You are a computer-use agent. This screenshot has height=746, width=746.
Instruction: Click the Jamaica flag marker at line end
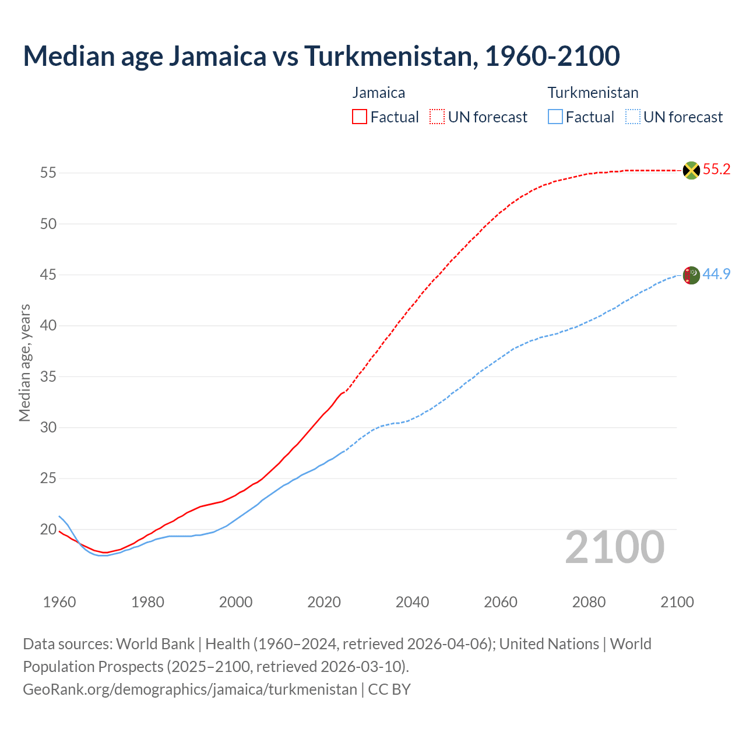691,170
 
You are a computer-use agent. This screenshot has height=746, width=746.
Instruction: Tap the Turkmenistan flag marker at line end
691,275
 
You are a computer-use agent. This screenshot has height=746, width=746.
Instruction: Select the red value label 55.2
716,170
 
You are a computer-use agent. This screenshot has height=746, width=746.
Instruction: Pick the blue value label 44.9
716,274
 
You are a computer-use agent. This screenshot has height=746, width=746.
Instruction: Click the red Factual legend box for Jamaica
360,117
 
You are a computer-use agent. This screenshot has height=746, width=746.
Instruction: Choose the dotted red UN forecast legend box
437,117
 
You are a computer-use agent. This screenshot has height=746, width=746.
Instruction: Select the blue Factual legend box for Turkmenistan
555,117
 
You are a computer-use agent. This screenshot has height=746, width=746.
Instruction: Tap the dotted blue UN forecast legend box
632,117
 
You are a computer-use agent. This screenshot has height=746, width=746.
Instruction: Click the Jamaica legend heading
378,93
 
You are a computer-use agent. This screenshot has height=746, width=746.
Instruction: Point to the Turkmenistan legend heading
593,93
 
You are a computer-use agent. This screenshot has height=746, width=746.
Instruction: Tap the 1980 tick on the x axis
147,602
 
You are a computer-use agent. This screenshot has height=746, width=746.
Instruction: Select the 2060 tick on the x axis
501,602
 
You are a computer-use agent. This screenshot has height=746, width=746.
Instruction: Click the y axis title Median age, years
24,363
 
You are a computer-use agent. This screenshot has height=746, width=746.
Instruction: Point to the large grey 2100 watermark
614,547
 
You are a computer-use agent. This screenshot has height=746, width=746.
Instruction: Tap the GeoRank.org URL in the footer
189,689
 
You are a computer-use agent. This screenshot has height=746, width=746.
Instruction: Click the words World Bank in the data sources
155,644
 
